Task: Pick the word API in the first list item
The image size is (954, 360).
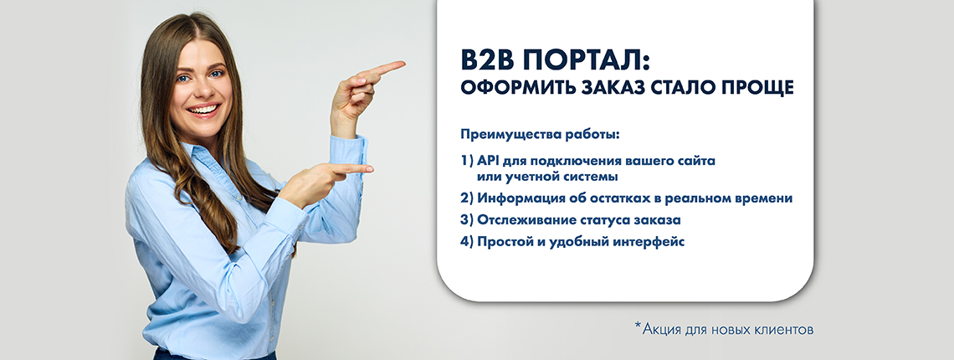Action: point(489,162)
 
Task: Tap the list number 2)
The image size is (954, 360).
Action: point(467,198)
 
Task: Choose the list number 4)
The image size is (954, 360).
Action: point(467,241)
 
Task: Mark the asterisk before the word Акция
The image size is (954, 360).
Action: point(639,327)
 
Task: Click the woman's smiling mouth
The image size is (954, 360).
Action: point(204,110)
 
